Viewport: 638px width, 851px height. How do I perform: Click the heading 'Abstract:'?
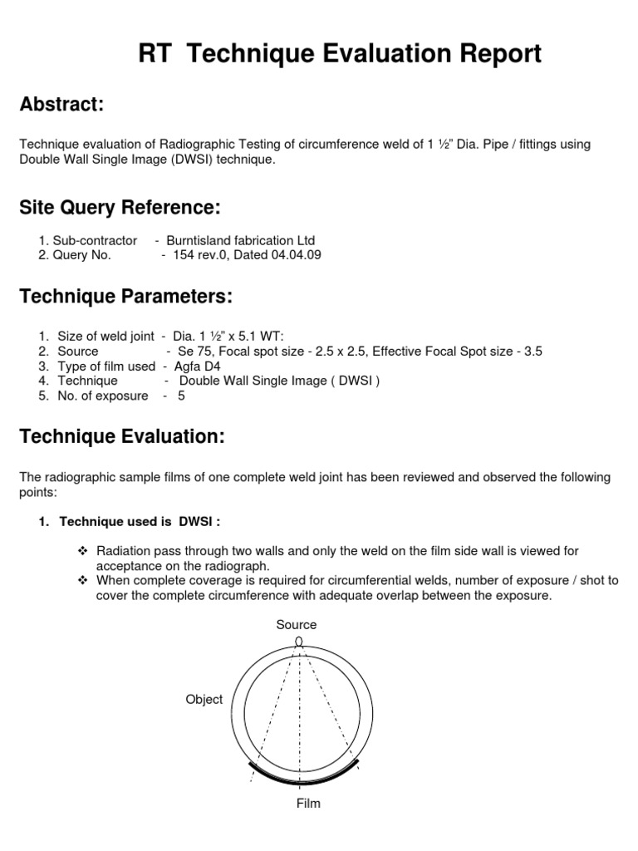coord(61,105)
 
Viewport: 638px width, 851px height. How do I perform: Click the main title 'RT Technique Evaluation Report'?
coord(340,54)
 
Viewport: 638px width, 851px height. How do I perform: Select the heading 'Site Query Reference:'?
coord(120,207)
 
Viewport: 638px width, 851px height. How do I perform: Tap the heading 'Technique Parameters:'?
coord(125,297)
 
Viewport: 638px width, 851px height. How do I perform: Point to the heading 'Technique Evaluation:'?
coord(122,437)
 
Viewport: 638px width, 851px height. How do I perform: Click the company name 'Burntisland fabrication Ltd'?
coord(241,240)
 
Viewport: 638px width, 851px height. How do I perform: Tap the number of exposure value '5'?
coord(181,396)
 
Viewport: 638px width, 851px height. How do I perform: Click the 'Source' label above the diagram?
coord(297,624)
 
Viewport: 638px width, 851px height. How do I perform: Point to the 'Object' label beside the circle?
coord(204,699)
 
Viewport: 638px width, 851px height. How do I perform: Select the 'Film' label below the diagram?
coord(308,803)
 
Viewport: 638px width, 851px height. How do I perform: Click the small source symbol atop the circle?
coord(299,641)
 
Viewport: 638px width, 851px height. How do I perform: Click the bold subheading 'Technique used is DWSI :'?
coord(140,521)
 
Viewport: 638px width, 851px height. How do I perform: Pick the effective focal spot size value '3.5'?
coord(532,352)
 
